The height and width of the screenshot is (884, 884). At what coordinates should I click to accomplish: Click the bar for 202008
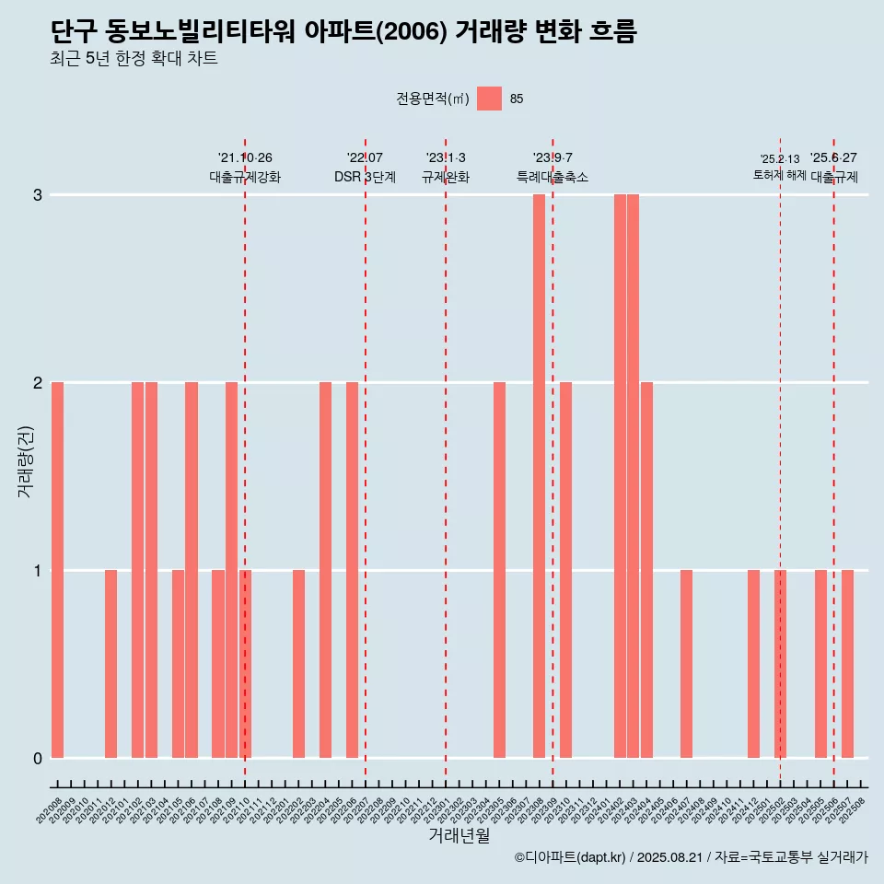tap(57, 570)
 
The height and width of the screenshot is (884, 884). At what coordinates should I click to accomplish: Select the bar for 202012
tap(110, 664)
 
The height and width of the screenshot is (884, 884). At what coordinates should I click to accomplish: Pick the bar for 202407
tap(686, 664)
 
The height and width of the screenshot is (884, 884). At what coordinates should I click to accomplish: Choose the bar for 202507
tap(847, 664)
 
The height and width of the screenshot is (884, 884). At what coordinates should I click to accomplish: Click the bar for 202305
tap(499, 570)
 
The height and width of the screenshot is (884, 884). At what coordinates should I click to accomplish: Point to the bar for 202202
tap(298, 664)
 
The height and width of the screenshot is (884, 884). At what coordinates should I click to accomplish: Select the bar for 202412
tap(753, 664)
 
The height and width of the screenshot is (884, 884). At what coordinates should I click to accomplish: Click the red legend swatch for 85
tap(489, 99)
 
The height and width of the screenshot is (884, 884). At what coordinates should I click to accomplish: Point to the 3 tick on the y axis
tap(38, 195)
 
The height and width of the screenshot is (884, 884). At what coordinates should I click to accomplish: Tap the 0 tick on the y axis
tap(38, 758)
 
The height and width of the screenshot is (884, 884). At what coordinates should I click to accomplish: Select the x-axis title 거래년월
tap(459, 836)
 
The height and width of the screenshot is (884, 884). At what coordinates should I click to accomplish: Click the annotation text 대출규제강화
tap(245, 177)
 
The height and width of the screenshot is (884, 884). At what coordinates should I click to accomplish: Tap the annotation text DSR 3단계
tap(365, 177)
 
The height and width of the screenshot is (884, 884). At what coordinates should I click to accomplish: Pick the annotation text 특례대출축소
tap(552, 177)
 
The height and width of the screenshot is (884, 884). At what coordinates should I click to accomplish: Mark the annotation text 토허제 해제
tap(780, 175)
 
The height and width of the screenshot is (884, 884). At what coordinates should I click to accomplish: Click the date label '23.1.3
tap(446, 158)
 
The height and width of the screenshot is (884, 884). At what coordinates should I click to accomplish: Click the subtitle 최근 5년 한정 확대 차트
tap(134, 59)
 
